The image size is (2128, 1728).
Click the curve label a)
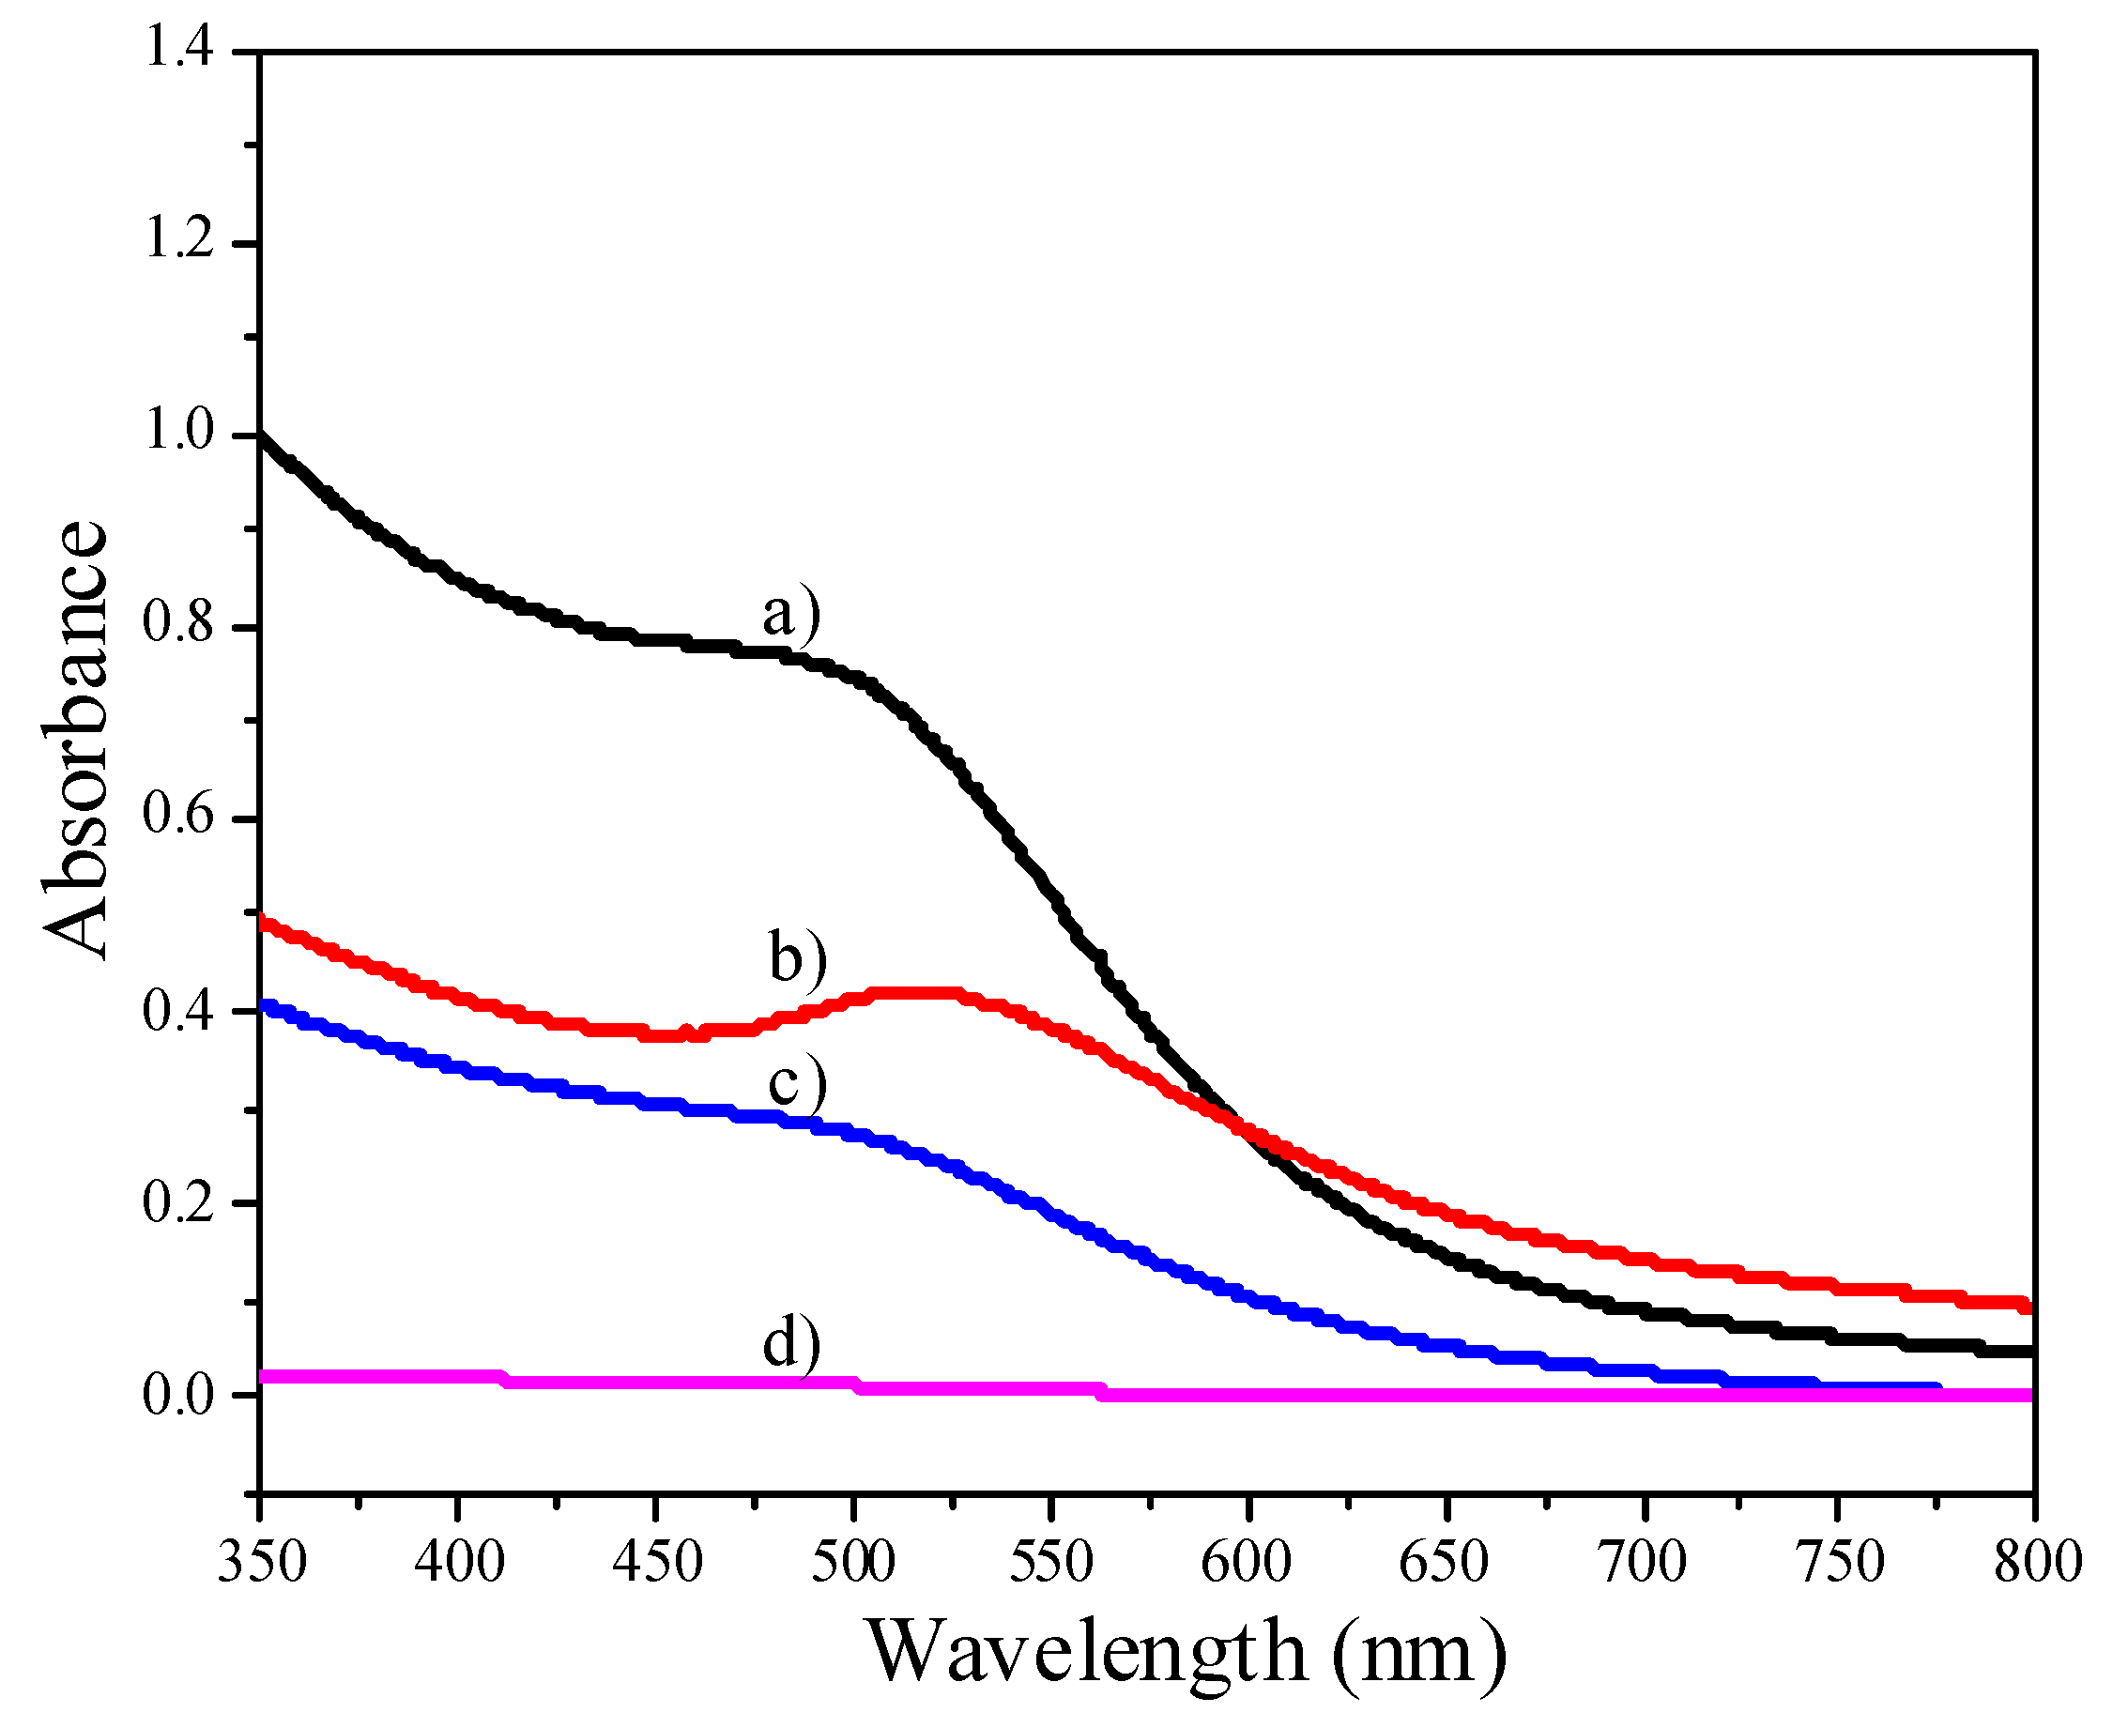point(791,614)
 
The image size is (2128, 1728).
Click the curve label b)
point(797,957)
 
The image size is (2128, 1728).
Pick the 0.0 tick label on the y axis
point(179,1395)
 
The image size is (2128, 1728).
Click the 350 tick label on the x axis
point(262,1561)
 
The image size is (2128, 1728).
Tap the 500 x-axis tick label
point(853,1561)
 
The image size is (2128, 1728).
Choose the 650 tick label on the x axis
point(1445,1561)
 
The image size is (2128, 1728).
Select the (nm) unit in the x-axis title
point(1420,1653)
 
